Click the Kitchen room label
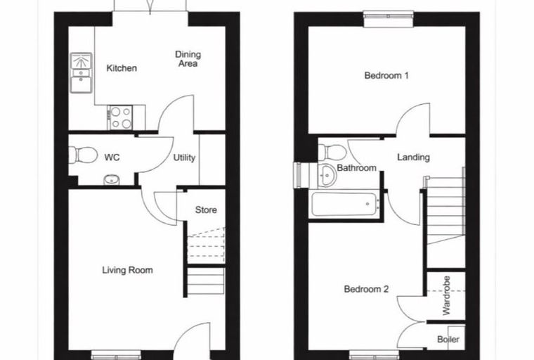122,68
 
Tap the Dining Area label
188,59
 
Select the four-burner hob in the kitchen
120,117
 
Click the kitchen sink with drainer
81,72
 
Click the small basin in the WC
111,180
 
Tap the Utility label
184,157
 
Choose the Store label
206,210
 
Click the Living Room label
127,270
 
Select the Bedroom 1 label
386,75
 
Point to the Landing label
413,157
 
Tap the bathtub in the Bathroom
344,204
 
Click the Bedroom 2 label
366,290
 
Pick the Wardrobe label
446,295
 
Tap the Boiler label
448,340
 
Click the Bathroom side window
298,175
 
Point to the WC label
112,157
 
